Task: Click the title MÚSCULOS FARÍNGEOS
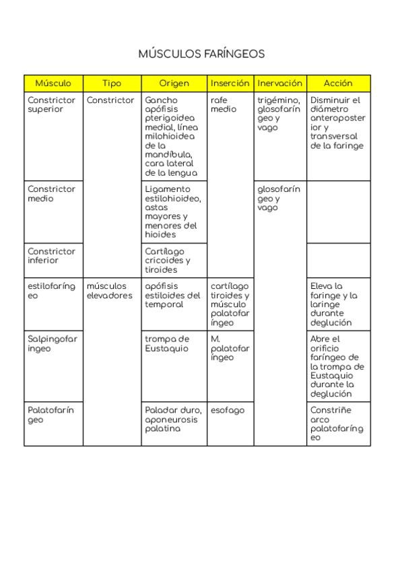point(201,54)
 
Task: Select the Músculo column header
point(53,83)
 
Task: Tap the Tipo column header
point(112,83)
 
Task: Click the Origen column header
point(174,83)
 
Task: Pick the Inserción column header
point(230,83)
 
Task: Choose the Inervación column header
point(279,83)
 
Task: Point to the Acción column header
point(338,83)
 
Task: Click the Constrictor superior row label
point(51,105)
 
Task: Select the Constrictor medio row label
point(51,194)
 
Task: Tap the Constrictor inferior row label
point(51,256)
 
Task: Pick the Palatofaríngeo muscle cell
point(51,415)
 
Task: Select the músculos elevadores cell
point(110,291)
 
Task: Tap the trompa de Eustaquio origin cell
point(168,344)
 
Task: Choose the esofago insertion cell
point(228,410)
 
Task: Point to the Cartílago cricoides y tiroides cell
point(168,260)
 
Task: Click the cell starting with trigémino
point(279,114)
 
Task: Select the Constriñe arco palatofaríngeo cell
point(337,424)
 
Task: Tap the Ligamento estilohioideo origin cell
point(173,211)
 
